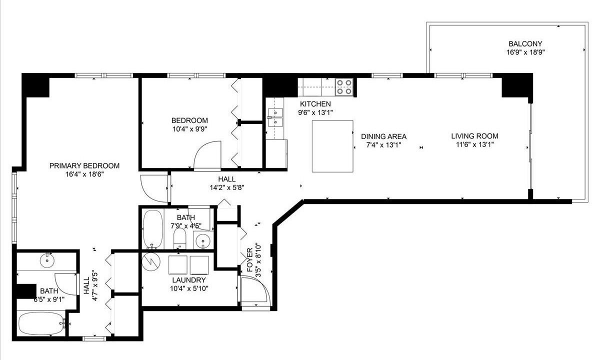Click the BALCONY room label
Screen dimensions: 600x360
525,43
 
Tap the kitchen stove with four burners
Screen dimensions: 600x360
344,87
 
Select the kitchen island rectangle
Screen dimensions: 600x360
332,146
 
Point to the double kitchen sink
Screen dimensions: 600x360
275,117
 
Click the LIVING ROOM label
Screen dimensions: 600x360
474,136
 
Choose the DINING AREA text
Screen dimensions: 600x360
383,136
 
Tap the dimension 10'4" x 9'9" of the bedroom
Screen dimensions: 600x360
189,129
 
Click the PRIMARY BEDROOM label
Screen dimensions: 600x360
84,166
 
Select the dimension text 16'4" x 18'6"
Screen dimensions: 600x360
84,174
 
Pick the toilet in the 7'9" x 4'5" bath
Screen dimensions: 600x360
179,238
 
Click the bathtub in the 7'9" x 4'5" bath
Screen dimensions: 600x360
152,229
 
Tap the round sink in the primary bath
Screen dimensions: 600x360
47,260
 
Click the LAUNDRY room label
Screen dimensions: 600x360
189,280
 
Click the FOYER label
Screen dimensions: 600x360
249,260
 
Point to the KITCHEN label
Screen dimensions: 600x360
315,104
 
